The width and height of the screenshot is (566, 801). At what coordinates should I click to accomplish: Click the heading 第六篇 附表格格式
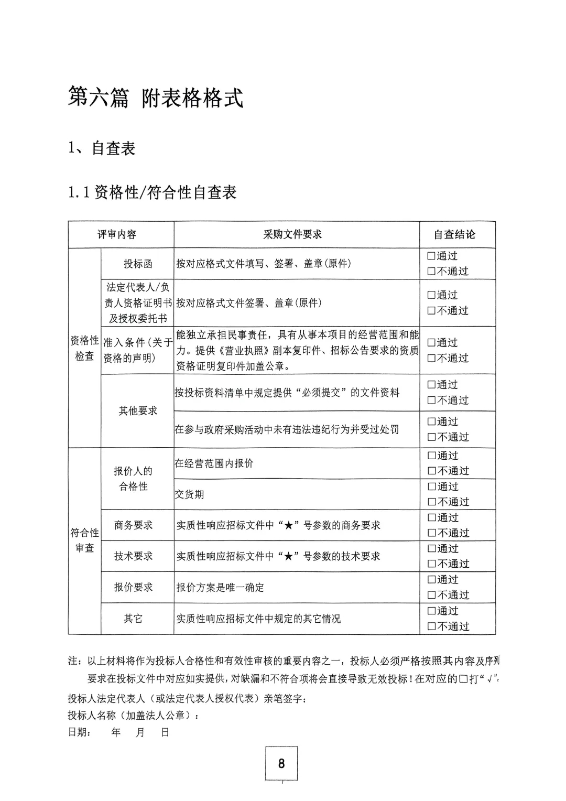click(156, 97)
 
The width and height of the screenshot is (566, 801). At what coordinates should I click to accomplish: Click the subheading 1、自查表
click(102, 148)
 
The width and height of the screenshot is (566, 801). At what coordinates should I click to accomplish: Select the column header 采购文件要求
click(292, 235)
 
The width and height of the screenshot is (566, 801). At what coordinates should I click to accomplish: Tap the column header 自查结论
click(454, 235)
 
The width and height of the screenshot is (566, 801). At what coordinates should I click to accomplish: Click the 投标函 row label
click(138, 264)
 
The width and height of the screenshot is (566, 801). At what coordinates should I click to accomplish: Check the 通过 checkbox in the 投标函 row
click(431, 256)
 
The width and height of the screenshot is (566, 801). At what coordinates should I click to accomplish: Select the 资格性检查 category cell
click(84, 348)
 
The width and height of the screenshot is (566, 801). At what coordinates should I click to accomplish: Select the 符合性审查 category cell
click(84, 540)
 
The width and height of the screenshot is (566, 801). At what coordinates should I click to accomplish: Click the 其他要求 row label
click(138, 411)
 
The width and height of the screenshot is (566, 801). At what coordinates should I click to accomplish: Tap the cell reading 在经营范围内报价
click(214, 463)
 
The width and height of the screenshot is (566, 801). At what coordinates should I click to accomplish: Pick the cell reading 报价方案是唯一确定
click(220, 588)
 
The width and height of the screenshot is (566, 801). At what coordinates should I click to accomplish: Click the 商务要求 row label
click(134, 525)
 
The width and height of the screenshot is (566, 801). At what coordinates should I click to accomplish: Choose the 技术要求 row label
click(134, 556)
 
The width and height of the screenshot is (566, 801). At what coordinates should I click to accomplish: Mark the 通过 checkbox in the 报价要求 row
click(431, 580)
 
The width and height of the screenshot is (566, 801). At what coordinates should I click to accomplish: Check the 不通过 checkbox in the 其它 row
click(431, 626)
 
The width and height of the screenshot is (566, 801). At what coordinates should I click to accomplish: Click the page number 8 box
click(281, 763)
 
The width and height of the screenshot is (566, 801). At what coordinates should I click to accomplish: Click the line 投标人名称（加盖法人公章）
click(134, 716)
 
